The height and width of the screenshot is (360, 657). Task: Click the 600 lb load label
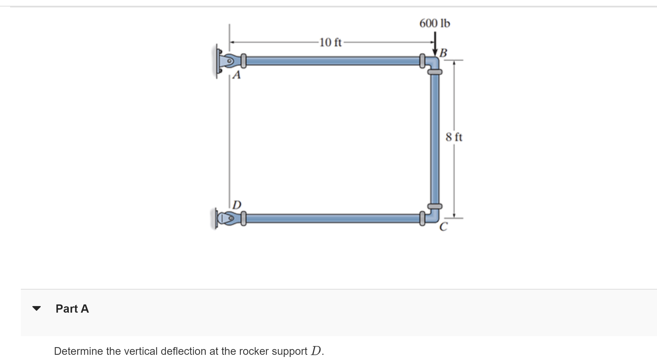[435, 24]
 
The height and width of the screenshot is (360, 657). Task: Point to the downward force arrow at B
[435, 44]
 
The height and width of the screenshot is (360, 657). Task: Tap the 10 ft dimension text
[331, 42]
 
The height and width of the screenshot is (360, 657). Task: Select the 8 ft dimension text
[454, 137]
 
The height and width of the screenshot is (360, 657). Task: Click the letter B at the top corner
[443, 53]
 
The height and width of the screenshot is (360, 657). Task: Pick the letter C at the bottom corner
[443, 227]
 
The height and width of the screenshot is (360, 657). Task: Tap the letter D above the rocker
[237, 205]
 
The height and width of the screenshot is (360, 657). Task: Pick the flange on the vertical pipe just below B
[435, 72]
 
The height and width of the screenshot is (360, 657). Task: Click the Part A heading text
[72, 309]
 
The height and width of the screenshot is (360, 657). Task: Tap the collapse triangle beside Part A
[36, 309]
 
